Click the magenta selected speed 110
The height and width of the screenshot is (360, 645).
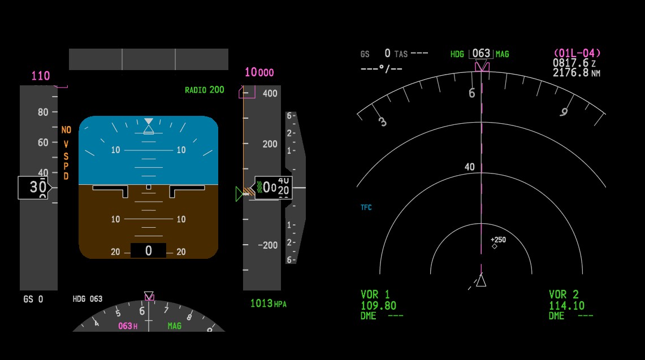[x=40, y=76]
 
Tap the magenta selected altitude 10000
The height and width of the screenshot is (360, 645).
[x=259, y=72]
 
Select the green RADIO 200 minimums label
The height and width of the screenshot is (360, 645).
[x=205, y=90]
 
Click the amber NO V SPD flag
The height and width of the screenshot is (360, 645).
[x=66, y=153]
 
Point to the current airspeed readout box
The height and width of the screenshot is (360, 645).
[x=34, y=188]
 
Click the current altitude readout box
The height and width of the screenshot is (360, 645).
[x=273, y=188]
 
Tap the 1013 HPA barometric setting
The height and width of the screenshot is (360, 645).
[x=268, y=303]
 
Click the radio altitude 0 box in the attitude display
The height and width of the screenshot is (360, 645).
[x=149, y=250]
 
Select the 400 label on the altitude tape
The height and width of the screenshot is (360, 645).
[x=270, y=93]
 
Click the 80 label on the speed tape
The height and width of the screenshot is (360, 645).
[x=43, y=112]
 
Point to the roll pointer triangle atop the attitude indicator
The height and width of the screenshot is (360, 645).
[x=149, y=122]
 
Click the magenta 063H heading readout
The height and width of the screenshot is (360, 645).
[x=128, y=326]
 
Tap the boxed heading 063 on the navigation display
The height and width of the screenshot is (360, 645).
[x=481, y=54]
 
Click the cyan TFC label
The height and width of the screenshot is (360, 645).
[x=366, y=207]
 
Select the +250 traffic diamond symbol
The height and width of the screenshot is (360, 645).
[x=495, y=246]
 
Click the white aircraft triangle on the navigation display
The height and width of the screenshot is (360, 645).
[x=481, y=280]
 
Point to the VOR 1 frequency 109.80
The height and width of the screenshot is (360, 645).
[x=378, y=306]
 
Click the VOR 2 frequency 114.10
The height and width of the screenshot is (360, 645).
[x=566, y=306]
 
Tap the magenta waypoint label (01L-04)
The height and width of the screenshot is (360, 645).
[x=577, y=53]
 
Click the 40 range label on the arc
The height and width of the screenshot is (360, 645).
[x=469, y=167]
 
